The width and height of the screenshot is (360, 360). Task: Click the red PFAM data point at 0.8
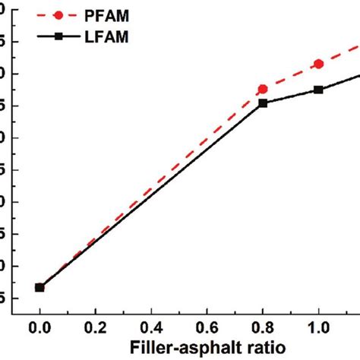[x=263, y=89]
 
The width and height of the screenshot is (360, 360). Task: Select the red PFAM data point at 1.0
[x=318, y=64]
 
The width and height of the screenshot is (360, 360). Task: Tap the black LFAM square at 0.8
[x=263, y=103]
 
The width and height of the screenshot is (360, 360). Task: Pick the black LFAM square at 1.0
[x=318, y=90]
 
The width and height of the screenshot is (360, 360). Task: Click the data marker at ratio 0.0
[x=39, y=287]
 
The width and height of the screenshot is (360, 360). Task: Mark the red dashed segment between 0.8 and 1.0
[x=291, y=76]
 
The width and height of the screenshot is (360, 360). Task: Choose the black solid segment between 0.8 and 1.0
[x=291, y=96]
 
